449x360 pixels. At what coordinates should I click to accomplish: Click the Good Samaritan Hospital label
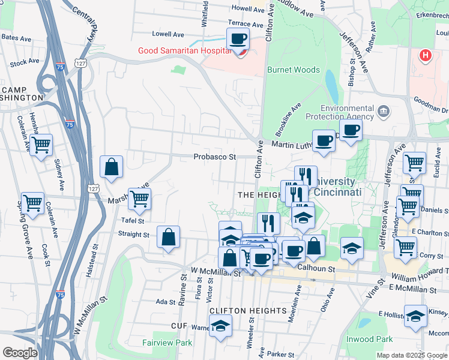coord(184,51)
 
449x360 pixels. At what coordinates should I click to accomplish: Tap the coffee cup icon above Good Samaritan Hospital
coord(238,39)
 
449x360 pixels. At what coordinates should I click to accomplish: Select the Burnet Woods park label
coord(294,70)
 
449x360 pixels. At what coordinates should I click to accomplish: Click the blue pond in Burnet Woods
coord(331,84)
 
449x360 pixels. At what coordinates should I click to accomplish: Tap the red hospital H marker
coord(426,56)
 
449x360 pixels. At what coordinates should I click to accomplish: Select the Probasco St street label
coord(215,157)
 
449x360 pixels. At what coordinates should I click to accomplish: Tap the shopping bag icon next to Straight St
coord(169,236)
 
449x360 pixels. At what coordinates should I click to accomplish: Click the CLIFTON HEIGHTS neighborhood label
coord(248,310)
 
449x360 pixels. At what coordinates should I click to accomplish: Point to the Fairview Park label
coord(167,343)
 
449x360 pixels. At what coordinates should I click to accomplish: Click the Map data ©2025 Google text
coord(412,355)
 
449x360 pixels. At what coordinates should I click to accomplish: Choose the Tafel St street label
coord(133,220)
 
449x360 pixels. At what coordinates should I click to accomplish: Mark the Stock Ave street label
coord(25,62)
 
